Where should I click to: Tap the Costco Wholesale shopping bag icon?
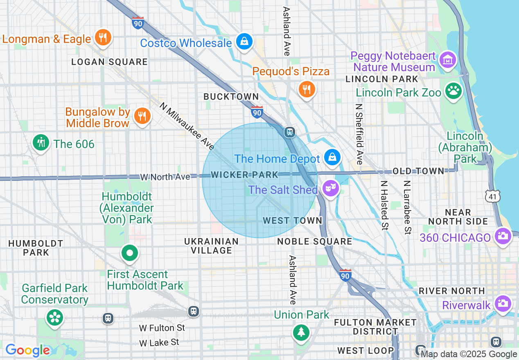click(x=244, y=41)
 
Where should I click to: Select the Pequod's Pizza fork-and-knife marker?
click(x=306, y=89)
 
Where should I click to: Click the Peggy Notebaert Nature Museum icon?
click(x=448, y=60)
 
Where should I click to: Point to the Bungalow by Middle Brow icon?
click(x=142, y=116)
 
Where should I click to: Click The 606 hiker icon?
click(x=41, y=143)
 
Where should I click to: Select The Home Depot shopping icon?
click(x=332, y=157)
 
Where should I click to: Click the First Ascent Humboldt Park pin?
click(x=130, y=253)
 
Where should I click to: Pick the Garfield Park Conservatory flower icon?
click(x=54, y=318)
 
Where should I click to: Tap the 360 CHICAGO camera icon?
click(x=503, y=236)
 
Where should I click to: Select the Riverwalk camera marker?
click(x=503, y=304)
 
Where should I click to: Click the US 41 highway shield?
click(x=492, y=196)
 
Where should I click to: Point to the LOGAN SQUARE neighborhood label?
click(x=109, y=62)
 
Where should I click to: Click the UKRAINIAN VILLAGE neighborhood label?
click(x=212, y=246)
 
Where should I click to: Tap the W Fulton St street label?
click(x=162, y=328)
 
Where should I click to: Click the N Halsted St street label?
click(x=384, y=205)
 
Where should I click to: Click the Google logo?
click(x=28, y=350)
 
